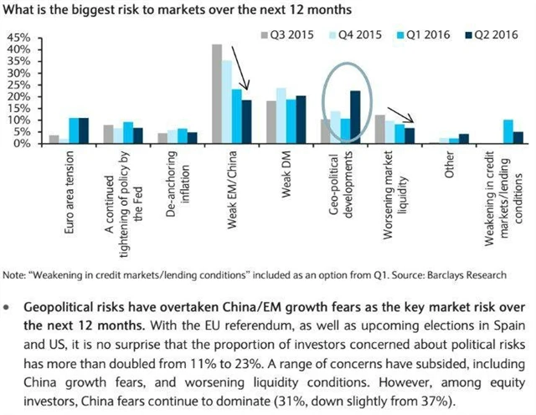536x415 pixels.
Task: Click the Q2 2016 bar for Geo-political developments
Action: pos(355,117)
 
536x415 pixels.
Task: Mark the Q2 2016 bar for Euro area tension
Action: pos(84,131)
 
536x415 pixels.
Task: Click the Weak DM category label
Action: pos(286,176)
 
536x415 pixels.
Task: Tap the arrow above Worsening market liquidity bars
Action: pos(401,117)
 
